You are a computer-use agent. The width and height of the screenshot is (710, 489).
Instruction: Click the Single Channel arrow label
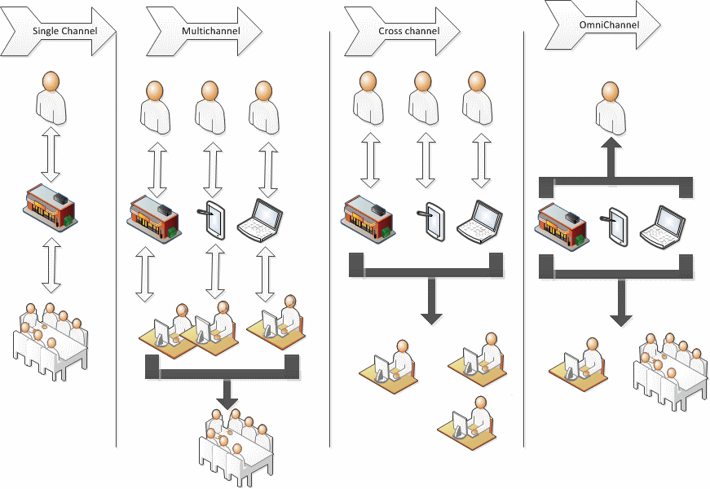(64, 31)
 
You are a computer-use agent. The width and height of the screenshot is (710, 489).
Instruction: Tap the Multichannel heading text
(211, 31)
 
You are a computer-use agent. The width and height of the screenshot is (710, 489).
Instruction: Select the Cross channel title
(409, 31)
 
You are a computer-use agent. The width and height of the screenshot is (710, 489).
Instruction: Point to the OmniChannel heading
(609, 24)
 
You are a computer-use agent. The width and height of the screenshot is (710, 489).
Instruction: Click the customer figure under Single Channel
(51, 98)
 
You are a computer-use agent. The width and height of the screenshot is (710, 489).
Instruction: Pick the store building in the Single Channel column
(50, 207)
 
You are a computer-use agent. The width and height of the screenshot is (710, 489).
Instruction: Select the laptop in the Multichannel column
(260, 220)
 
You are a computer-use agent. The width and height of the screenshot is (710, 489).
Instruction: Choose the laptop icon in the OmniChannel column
(663, 227)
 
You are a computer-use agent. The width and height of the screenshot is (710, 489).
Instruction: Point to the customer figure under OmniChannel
(611, 108)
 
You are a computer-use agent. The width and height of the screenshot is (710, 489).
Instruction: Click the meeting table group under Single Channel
(49, 341)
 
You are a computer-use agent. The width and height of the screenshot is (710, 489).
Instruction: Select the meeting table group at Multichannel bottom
(236, 446)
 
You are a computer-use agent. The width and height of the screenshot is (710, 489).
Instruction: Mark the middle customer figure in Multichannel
(210, 108)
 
